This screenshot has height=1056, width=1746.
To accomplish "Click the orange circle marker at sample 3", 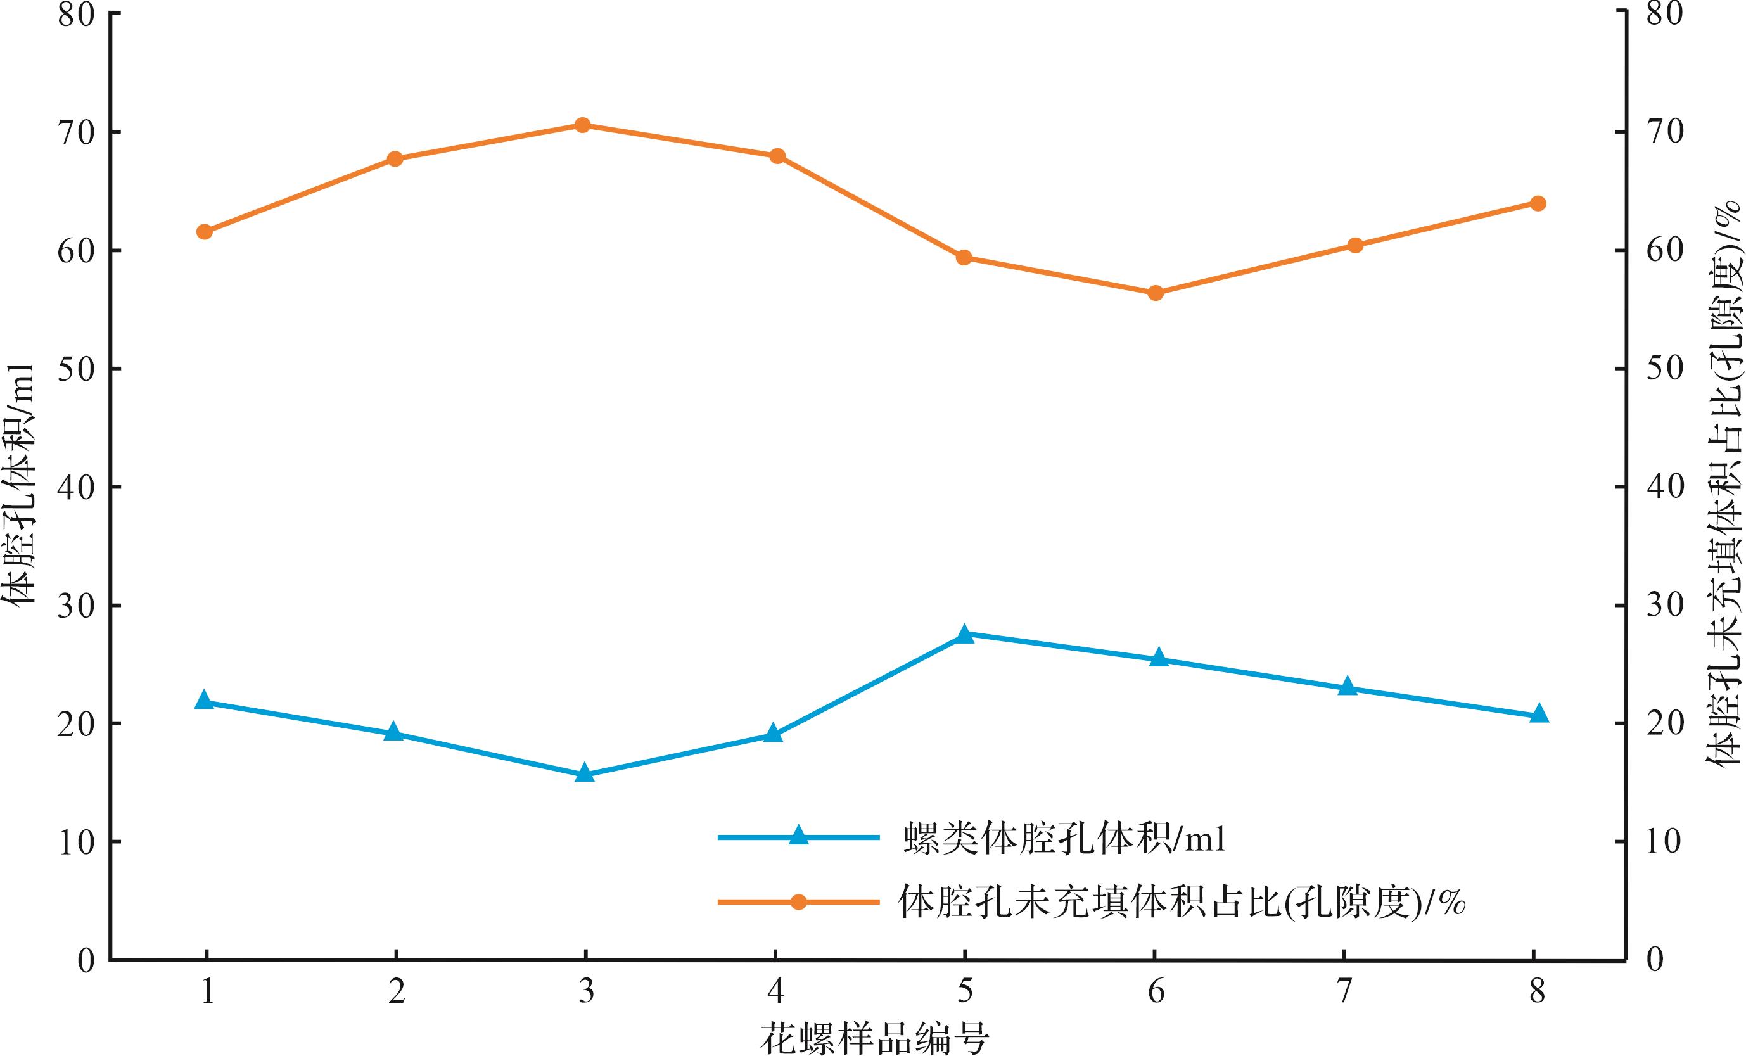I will (582, 125).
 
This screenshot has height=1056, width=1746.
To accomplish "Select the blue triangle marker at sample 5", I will (964, 635).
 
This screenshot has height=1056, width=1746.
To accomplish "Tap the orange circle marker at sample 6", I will (1155, 293).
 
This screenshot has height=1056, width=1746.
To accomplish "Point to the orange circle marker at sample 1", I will (205, 232).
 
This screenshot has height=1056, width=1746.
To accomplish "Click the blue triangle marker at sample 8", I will (1538, 715).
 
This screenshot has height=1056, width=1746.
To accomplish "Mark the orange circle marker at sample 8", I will (1538, 203).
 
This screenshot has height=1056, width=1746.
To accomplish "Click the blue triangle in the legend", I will (799, 836).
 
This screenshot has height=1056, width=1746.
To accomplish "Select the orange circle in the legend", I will (799, 902).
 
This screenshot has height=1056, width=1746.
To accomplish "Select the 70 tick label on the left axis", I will (77, 133).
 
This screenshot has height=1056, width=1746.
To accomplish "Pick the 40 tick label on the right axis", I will (1664, 488).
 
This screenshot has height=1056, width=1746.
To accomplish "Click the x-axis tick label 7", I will (1344, 991).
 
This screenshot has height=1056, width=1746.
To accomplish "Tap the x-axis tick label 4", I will (775, 991).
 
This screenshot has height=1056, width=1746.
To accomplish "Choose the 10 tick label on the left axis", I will (77, 843).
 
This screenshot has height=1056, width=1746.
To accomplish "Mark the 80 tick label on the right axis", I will (1664, 14).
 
